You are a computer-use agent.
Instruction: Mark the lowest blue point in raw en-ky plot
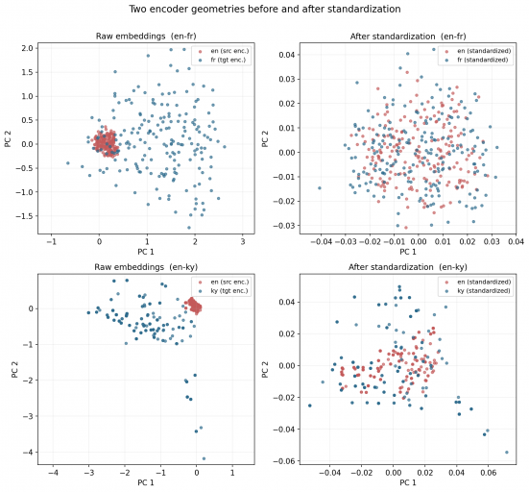[x=204, y=458]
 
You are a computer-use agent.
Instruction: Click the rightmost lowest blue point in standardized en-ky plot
[x=507, y=452]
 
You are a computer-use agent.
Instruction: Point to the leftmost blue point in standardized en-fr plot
[x=320, y=187]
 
